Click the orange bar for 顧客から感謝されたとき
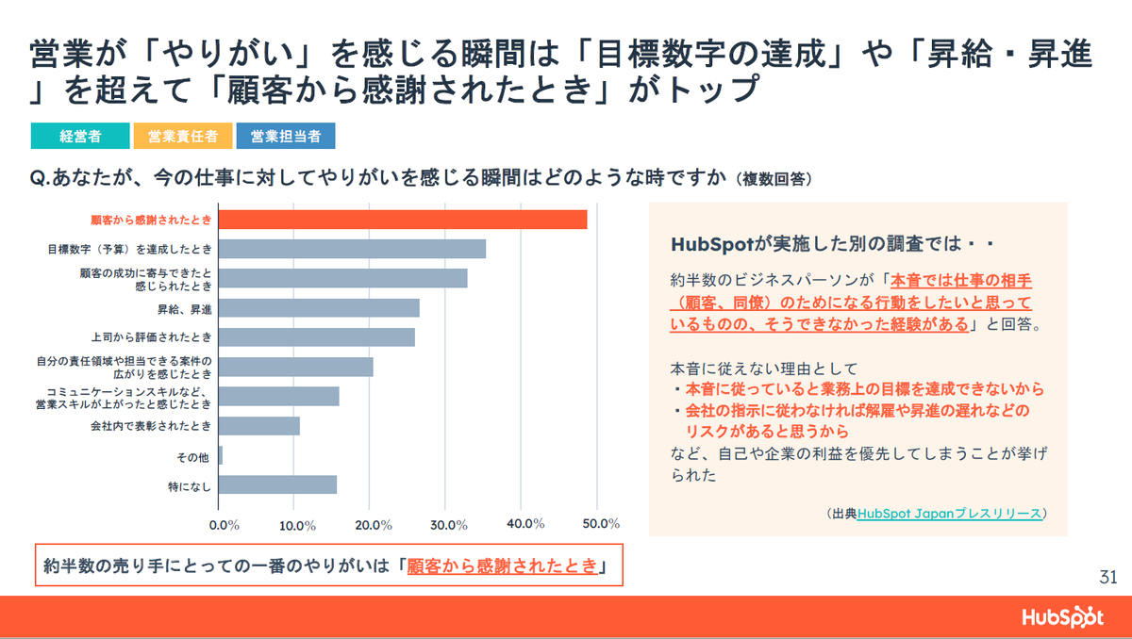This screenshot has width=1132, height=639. tap(403, 220)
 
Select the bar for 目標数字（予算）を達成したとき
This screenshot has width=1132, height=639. tap(352, 249)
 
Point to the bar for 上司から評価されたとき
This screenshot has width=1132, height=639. tap(317, 336)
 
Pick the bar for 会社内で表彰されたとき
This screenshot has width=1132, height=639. tap(259, 426)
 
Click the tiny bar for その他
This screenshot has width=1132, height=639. tap(221, 455)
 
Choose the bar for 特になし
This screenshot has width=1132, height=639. tap(277, 484)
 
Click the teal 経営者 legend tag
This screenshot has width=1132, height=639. tap(80, 136)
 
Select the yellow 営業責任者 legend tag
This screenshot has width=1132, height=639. tap(183, 136)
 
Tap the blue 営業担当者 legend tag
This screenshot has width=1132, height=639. tap(286, 136)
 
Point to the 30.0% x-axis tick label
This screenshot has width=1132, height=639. tap(449, 524)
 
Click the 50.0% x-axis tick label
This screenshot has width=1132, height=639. tap(601, 524)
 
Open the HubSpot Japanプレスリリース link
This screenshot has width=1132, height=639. tap(950, 514)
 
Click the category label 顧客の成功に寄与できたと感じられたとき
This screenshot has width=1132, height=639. tap(145, 279)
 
